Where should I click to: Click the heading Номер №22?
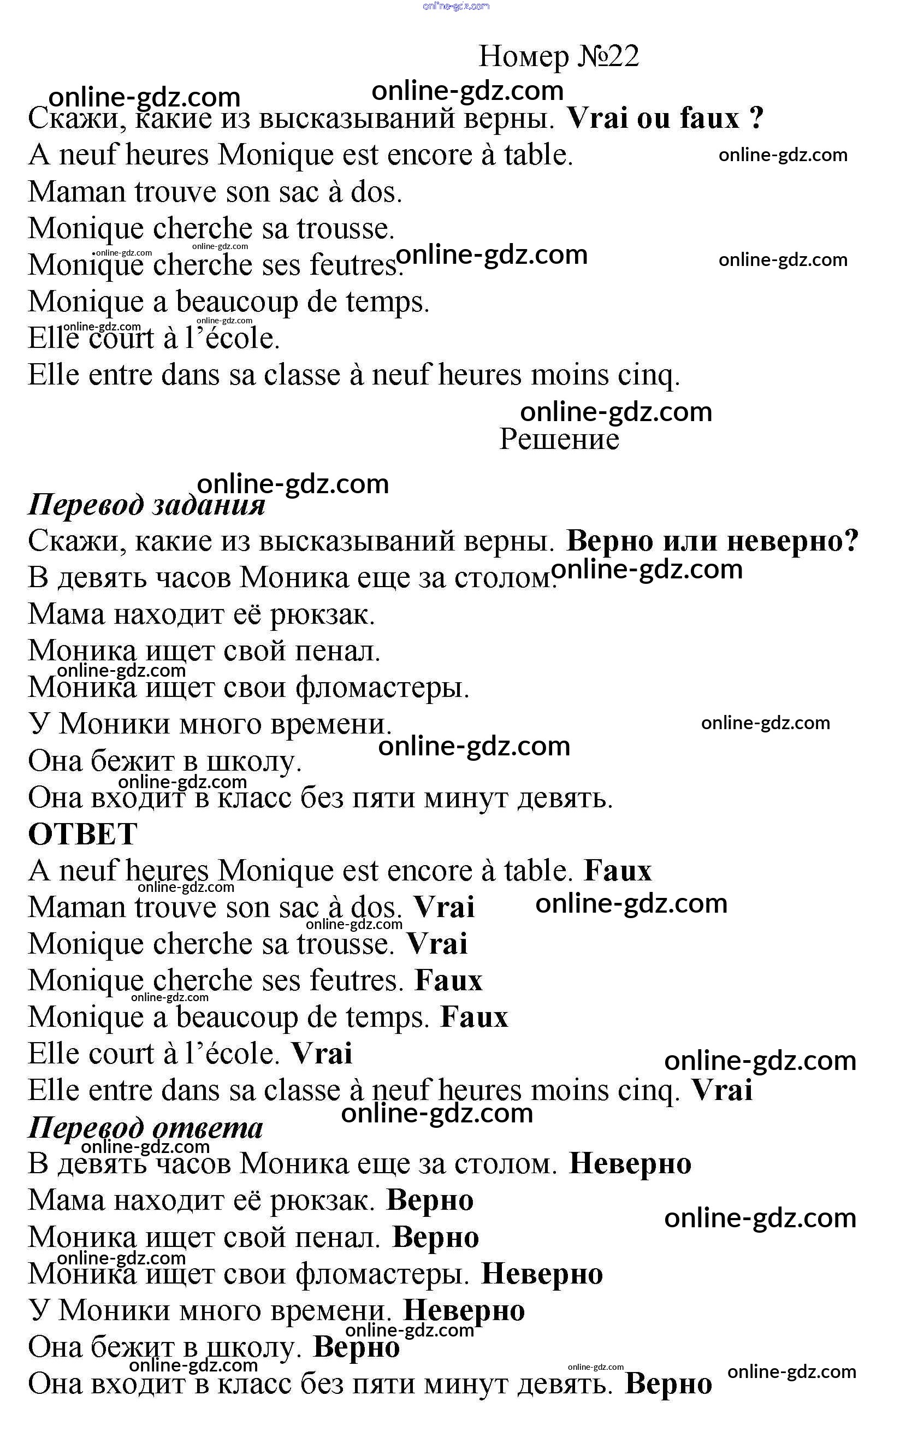click(x=559, y=57)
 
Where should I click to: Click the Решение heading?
click(x=559, y=440)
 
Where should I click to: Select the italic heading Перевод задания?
click(x=146, y=505)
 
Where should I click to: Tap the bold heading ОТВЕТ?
click(x=82, y=833)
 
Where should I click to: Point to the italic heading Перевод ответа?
click(x=145, y=1127)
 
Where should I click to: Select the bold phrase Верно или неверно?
click(x=712, y=541)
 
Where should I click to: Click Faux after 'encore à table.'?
click(x=617, y=871)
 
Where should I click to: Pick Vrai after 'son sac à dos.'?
click(x=444, y=907)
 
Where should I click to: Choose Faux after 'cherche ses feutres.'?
click(x=448, y=980)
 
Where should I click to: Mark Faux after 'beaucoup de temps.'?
click(x=474, y=1017)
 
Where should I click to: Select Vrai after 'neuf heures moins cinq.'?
click(x=721, y=1090)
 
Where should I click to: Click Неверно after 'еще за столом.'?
click(x=630, y=1164)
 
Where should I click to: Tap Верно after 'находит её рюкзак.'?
click(x=430, y=1200)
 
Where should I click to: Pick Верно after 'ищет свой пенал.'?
click(x=435, y=1237)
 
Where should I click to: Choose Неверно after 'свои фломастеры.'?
click(x=541, y=1274)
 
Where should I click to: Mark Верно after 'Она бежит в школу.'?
click(x=356, y=1347)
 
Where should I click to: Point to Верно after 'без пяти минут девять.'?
click(x=668, y=1383)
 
